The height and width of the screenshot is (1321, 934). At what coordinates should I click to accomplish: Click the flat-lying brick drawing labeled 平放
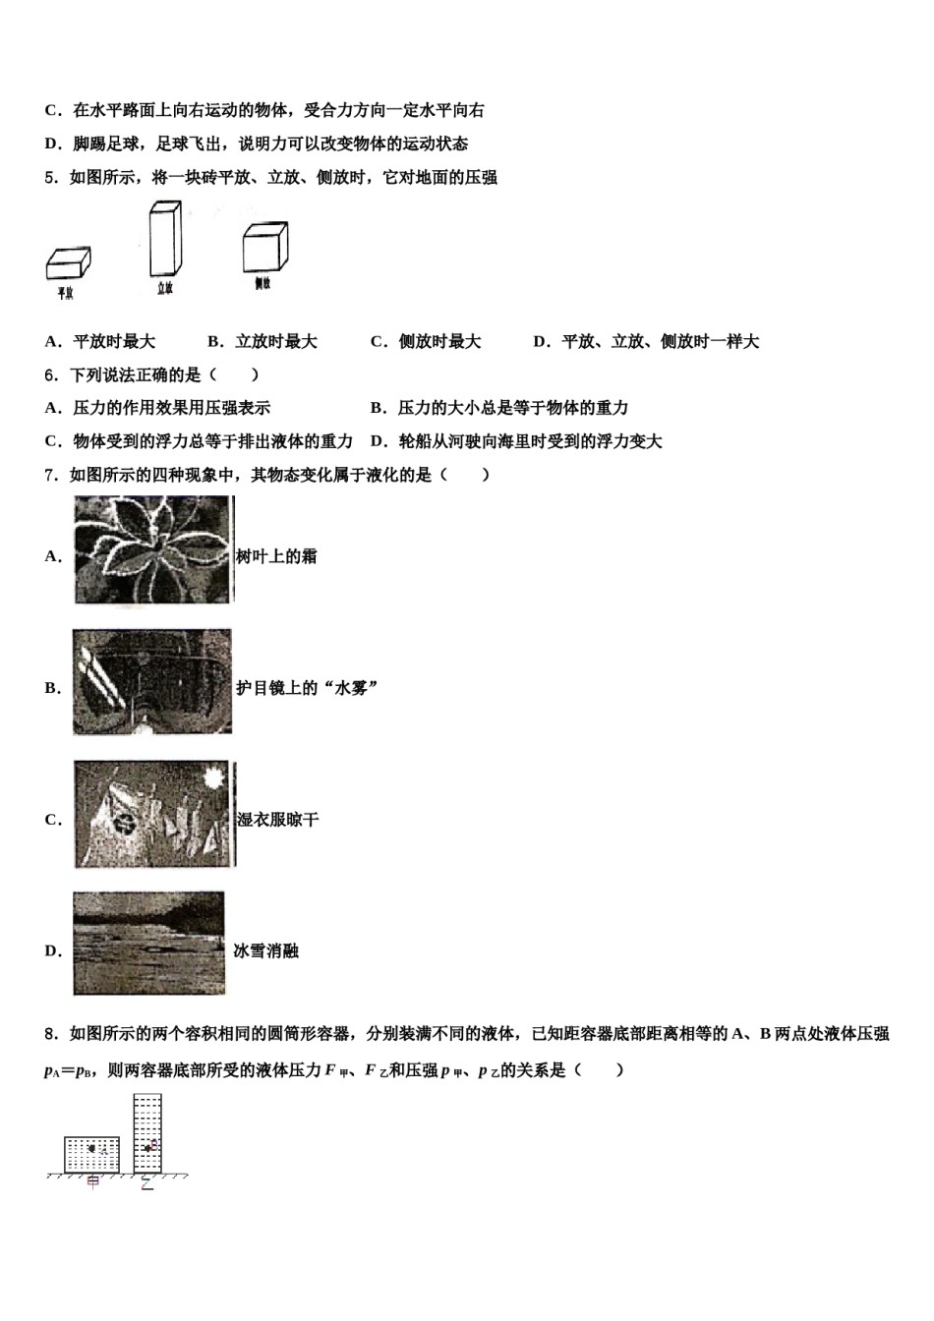(x=68, y=263)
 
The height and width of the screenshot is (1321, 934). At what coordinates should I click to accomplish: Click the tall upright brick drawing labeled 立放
(x=164, y=240)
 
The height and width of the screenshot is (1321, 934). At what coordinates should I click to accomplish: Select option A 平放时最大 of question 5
(x=100, y=341)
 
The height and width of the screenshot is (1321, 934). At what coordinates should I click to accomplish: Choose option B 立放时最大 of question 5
(x=263, y=341)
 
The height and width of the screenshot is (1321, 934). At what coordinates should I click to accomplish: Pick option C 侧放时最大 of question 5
(x=426, y=341)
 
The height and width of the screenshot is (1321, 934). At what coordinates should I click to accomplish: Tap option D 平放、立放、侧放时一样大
(x=646, y=341)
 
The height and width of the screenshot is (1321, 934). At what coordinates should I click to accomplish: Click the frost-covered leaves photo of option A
(x=153, y=549)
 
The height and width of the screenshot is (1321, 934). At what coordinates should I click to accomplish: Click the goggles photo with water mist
(x=152, y=682)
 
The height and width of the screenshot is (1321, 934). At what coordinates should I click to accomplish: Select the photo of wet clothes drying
(x=153, y=814)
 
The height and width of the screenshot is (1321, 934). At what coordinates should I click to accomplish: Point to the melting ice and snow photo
(x=148, y=944)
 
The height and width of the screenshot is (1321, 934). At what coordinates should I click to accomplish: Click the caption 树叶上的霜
(x=276, y=556)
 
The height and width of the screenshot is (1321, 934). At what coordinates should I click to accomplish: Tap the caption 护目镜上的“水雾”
(x=307, y=688)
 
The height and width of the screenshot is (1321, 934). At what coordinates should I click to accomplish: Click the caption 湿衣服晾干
(x=277, y=820)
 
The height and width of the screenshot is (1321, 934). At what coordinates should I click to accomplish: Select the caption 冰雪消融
(x=265, y=950)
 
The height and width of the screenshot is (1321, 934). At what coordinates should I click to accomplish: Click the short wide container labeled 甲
(x=91, y=1155)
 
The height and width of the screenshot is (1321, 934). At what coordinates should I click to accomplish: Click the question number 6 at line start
(x=50, y=374)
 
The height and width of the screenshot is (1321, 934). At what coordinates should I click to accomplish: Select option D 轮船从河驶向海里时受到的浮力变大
(x=516, y=441)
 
